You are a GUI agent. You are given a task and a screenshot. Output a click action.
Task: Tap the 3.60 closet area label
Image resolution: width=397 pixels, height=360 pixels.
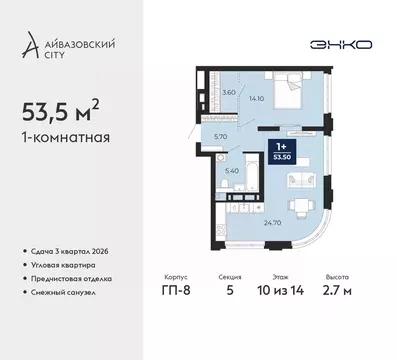coord(228,92)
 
